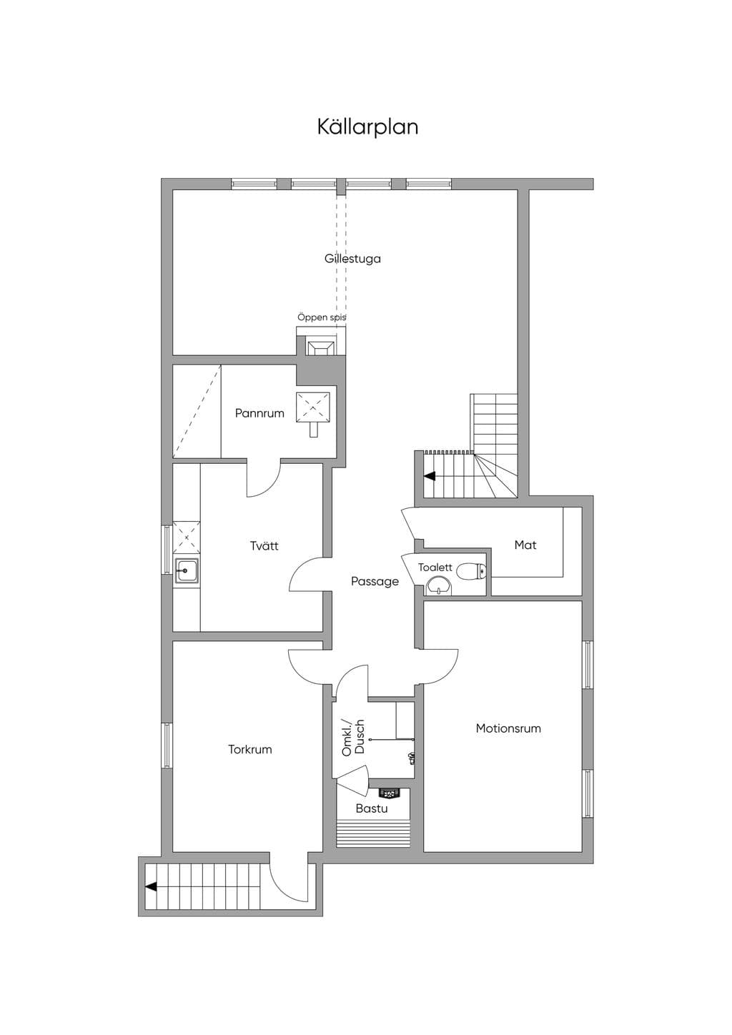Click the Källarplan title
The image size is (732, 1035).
(x=367, y=127)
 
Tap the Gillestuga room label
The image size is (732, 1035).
(x=352, y=258)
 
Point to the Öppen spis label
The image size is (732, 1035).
(x=322, y=317)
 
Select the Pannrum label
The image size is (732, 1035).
(x=259, y=413)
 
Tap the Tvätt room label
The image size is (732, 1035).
(x=264, y=545)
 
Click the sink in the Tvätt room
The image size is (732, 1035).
(x=187, y=572)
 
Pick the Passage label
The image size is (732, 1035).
(x=375, y=581)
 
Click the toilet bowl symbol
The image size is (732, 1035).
(x=471, y=571)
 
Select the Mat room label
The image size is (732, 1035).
(x=525, y=545)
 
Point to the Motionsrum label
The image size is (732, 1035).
(x=508, y=728)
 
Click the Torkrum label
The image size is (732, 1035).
(x=250, y=750)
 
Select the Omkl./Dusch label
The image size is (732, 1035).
(x=353, y=738)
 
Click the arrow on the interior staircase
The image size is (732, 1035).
(x=430, y=476)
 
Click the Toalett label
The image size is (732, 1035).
(x=435, y=567)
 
